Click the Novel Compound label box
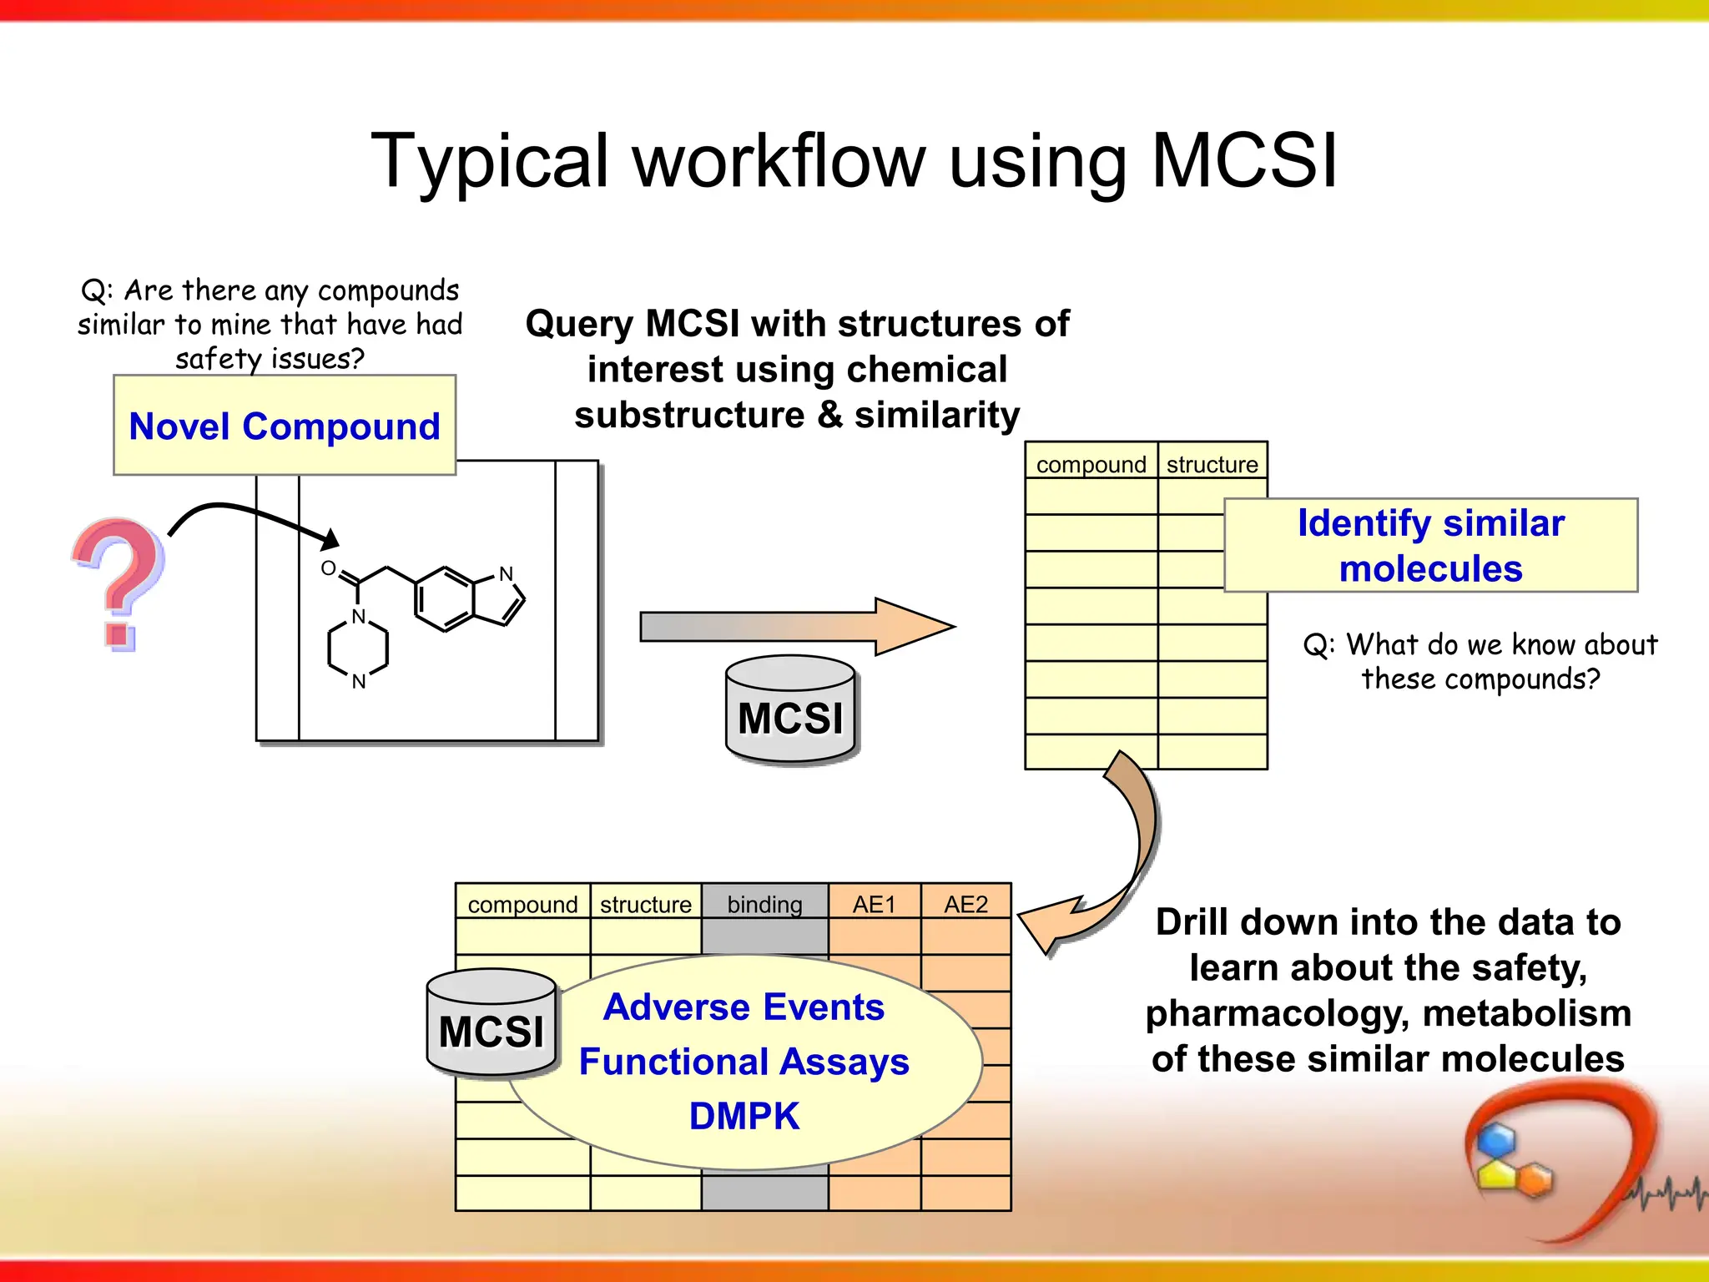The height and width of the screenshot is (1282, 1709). coord(285,426)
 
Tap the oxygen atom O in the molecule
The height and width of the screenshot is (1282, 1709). coord(328,568)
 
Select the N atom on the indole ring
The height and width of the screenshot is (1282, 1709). coord(506,574)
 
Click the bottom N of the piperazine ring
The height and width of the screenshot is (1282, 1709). coord(359,682)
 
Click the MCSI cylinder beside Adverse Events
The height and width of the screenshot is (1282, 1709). coord(492,1024)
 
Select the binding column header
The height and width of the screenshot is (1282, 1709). coord(764,904)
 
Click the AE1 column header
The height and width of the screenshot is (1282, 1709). coord(874,904)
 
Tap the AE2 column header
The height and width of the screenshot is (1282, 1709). coord(965,904)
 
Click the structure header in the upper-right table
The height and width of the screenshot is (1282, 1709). coord(1212,464)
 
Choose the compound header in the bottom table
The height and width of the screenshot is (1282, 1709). coord(522,904)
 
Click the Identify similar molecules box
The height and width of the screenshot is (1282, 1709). coord(1430,545)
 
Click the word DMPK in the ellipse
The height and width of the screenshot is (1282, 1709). coord(744,1116)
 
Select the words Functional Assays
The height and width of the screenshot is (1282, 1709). coord(744,1062)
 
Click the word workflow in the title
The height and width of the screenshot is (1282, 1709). coord(779,160)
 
